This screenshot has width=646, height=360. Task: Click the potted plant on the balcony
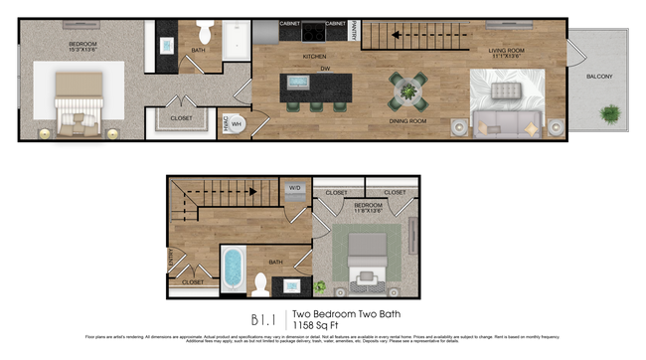pyautogui.click(x=608, y=113)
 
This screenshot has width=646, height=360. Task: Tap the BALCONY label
pyautogui.click(x=599, y=77)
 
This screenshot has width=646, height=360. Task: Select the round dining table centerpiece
pyautogui.click(x=408, y=92)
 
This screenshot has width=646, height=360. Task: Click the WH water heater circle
pyautogui.click(x=237, y=123)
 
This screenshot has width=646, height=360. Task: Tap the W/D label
pyautogui.click(x=295, y=188)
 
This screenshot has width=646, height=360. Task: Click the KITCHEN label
pyautogui.click(x=315, y=57)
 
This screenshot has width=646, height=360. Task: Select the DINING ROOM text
pyautogui.click(x=407, y=121)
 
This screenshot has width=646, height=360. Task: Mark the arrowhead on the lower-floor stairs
pyautogui.click(x=254, y=191)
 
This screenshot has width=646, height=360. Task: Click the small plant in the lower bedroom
pyautogui.click(x=321, y=286)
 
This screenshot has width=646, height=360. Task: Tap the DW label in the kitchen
pyautogui.click(x=324, y=69)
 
